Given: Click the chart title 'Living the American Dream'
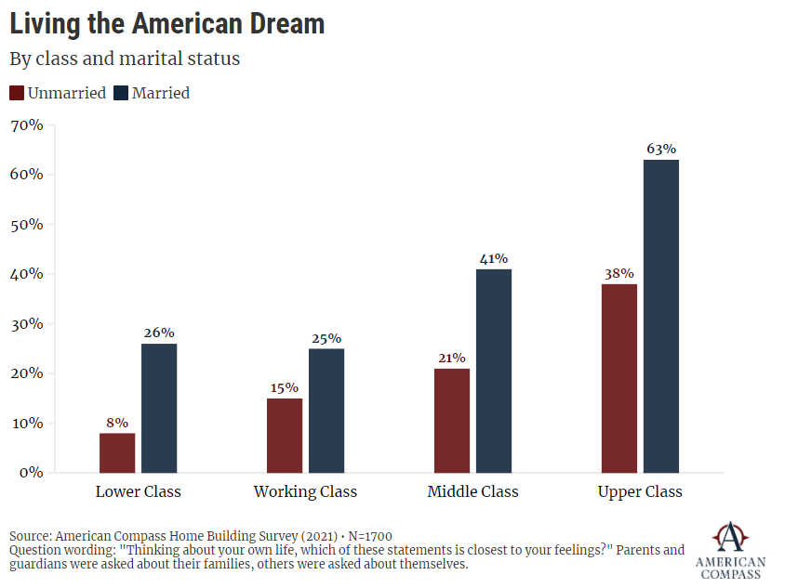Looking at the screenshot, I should click(167, 23).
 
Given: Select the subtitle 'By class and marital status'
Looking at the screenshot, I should click(125, 59).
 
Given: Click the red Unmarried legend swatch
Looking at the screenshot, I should click(17, 93).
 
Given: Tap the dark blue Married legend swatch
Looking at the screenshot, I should click(122, 93).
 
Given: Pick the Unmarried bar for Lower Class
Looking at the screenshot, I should click(117, 452).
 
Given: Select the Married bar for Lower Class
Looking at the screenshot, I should click(159, 408).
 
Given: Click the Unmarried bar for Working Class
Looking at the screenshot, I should click(285, 435).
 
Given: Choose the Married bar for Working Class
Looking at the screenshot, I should click(326, 411).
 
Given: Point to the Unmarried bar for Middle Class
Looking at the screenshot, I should click(452, 420).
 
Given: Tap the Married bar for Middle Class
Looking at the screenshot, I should click(494, 371).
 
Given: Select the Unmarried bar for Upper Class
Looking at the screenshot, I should click(619, 378).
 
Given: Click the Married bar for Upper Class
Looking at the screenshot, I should click(661, 316).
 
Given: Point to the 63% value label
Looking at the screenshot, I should click(661, 149).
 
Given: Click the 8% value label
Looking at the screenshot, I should click(117, 422).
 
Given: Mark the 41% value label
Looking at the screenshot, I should click(494, 258).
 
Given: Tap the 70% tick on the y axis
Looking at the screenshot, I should click(27, 124).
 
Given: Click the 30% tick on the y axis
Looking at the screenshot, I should click(27, 324).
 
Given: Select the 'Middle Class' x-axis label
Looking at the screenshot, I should click(472, 491).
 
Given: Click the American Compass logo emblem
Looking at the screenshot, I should click(730, 537).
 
